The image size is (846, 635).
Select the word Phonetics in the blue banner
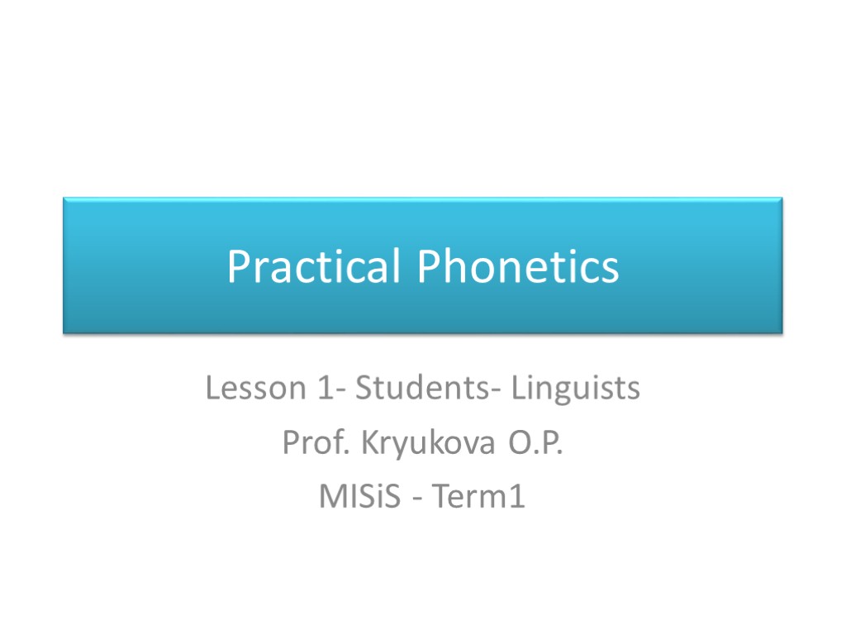(x=518, y=267)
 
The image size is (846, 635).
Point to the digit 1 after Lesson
(x=324, y=388)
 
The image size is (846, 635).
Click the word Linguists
(x=575, y=388)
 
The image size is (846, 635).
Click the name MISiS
(x=359, y=498)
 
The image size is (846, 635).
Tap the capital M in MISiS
(x=329, y=498)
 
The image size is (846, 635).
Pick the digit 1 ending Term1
(x=517, y=498)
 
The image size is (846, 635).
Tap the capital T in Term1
(x=440, y=498)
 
